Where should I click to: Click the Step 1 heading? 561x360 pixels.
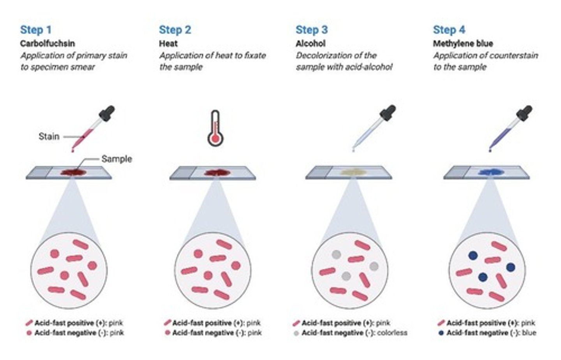pyautogui.click(x=35, y=30)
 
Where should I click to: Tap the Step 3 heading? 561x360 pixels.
pyautogui.click(x=311, y=30)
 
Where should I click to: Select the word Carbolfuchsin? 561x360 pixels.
pyautogui.click(x=47, y=43)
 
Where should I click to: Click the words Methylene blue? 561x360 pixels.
pyautogui.click(x=463, y=43)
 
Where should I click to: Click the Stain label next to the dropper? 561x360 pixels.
pyautogui.click(x=49, y=136)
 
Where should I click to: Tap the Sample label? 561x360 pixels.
pyautogui.click(x=116, y=159)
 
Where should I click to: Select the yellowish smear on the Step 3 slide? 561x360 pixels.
pyautogui.click(x=353, y=172)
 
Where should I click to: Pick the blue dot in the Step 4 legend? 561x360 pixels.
pyautogui.click(x=441, y=333)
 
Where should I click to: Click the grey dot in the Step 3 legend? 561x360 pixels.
pyautogui.click(x=296, y=333)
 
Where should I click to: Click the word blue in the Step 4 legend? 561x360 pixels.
pyautogui.click(x=529, y=333)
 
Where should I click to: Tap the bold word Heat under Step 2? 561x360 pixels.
pyautogui.click(x=168, y=43)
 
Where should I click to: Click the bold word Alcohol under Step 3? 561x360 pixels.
pyautogui.click(x=310, y=43)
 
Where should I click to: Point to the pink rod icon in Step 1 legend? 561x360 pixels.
pyautogui.click(x=29, y=323)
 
